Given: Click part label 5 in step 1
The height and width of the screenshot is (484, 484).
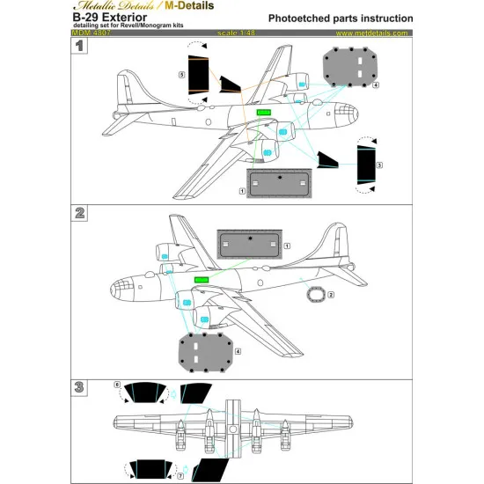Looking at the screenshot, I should pos(181,77).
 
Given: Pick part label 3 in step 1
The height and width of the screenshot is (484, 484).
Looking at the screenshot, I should pos(378,165).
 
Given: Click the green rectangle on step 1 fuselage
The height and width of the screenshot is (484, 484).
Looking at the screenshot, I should pos(262,113).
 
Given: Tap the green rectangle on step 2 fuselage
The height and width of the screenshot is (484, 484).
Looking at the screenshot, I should pos(201,279).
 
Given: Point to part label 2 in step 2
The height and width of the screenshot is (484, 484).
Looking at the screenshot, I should pos(330,295).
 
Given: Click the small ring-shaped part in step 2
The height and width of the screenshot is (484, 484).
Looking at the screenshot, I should pos(314,295).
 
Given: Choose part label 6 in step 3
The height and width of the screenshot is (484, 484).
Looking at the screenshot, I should pos(118,385).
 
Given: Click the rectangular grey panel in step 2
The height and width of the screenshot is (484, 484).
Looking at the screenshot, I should pos(250,244).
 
